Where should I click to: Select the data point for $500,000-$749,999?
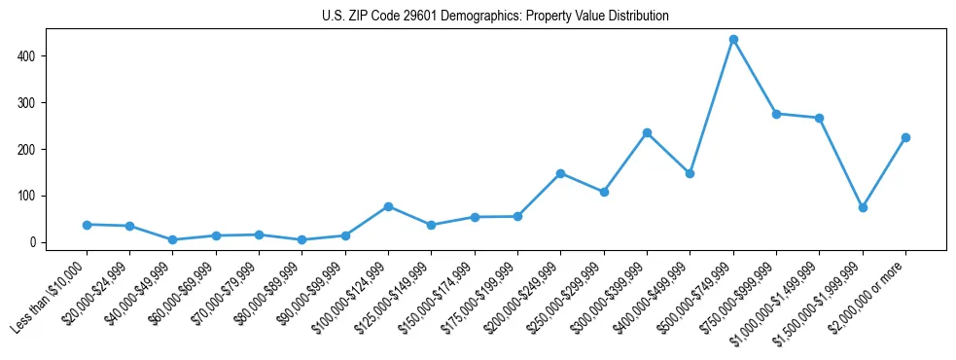tap(733, 40)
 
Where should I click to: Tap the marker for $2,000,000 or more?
tap(905, 137)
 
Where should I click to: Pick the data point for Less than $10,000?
tap(87, 225)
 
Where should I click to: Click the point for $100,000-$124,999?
tap(388, 206)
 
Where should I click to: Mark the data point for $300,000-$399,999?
tap(647, 132)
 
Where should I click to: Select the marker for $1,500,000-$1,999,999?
tap(863, 207)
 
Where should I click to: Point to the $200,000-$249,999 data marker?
tap(560, 173)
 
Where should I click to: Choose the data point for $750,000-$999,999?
tap(776, 114)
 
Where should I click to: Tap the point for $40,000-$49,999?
tap(172, 239)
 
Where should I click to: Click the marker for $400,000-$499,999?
tap(690, 173)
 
